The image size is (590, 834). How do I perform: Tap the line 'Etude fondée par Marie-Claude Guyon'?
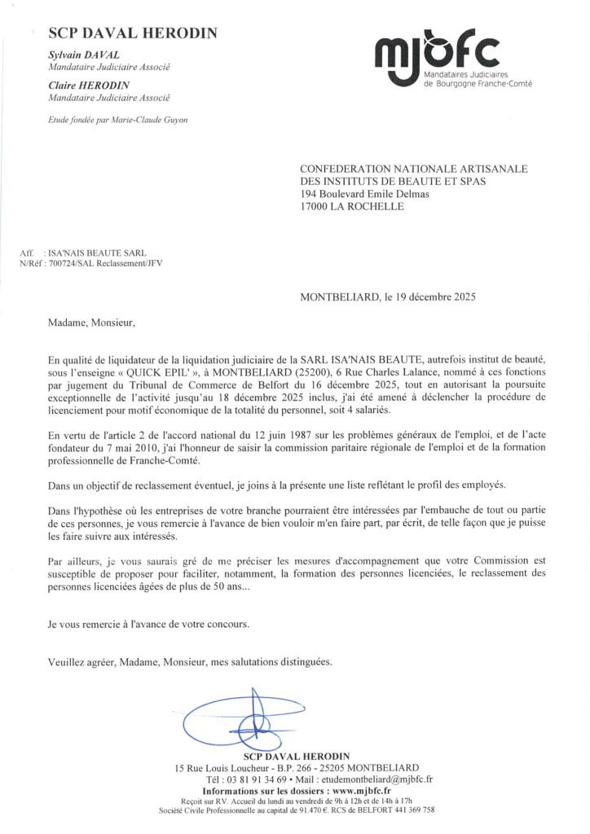coord(118,120)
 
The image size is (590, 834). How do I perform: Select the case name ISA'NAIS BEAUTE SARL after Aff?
coord(98,254)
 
